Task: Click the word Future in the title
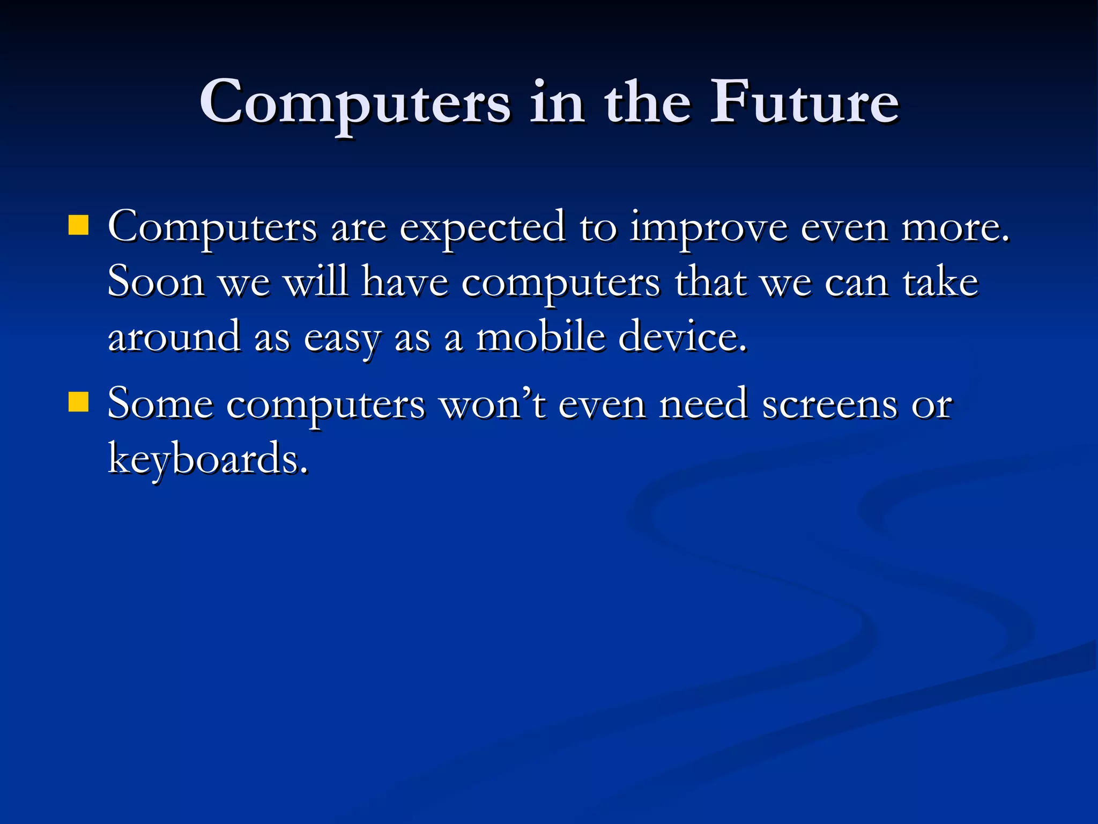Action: [x=804, y=102]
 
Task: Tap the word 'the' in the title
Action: [x=647, y=102]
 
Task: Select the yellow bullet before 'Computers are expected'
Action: [x=78, y=226]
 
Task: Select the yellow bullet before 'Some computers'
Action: [x=78, y=402]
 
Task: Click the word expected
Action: [x=483, y=229]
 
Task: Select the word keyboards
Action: [x=208, y=459]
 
